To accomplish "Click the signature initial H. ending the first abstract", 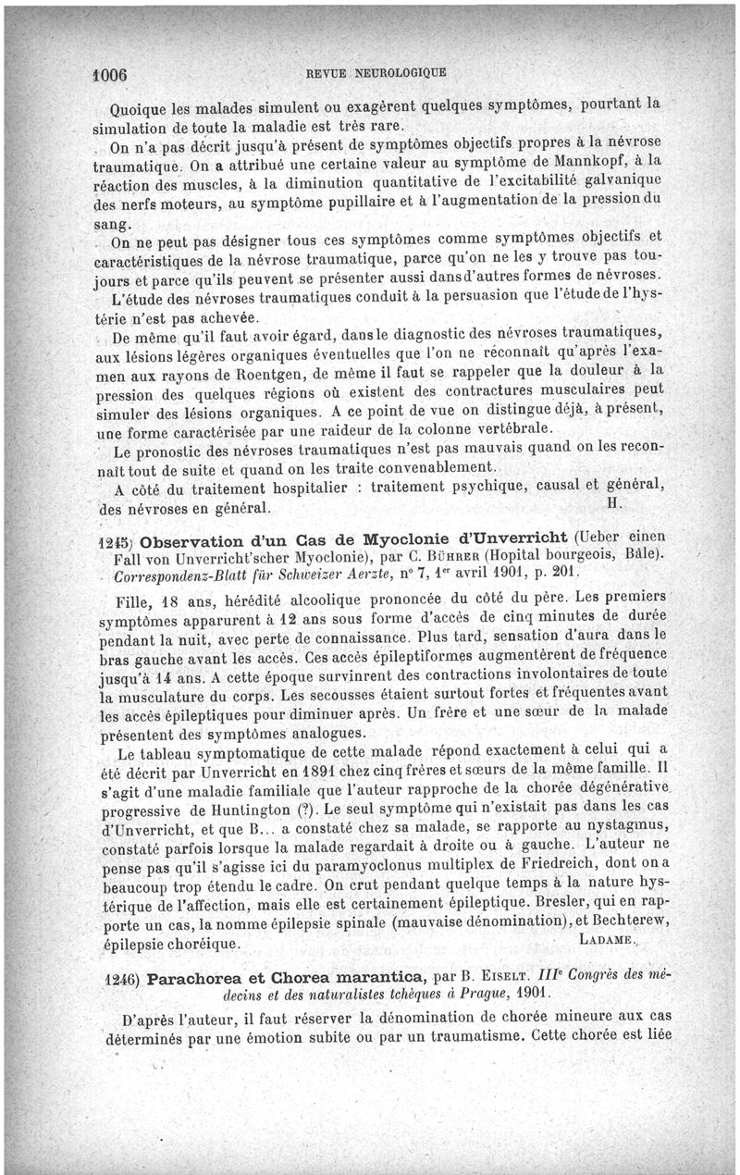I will (612, 502).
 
